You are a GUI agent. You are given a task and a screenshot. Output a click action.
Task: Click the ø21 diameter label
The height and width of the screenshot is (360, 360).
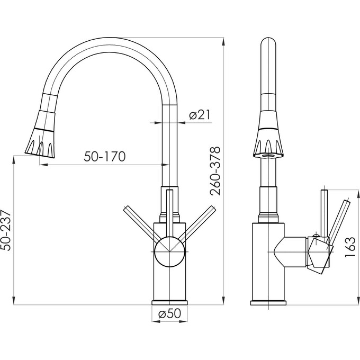[x=200, y=114]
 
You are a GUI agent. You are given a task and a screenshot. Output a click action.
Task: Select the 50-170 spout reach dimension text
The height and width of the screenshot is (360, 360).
[x=105, y=157]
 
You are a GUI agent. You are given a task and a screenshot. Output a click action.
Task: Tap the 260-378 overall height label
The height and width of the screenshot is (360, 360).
[x=215, y=171]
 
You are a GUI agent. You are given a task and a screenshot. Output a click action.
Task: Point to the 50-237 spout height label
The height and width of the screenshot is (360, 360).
[x=6, y=230]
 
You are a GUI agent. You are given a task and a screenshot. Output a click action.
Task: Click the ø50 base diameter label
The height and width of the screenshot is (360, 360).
[x=169, y=313]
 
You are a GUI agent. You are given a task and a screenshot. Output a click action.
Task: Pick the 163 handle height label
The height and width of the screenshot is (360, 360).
[x=350, y=247]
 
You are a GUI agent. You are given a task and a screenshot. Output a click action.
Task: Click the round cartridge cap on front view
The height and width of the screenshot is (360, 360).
[x=169, y=251]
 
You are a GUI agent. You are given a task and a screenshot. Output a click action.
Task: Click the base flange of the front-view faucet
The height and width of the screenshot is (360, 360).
[x=169, y=303]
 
